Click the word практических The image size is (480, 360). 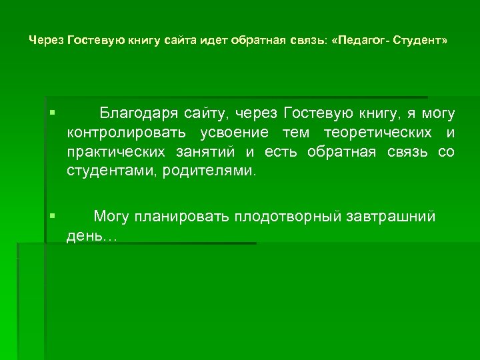pyautogui.click(x=115, y=151)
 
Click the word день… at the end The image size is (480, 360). pyautogui.click(x=91, y=236)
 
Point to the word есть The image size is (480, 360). pyautogui.click(x=283, y=151)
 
